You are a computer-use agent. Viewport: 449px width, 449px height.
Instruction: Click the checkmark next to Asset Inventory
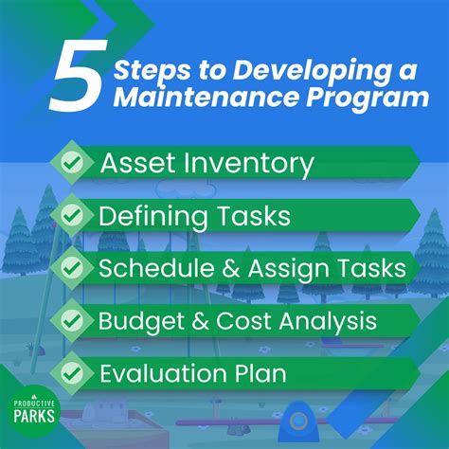tap(71, 164)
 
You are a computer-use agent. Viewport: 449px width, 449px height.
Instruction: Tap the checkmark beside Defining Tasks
tap(71, 217)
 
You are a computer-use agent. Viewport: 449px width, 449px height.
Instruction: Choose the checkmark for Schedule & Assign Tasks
tap(71, 268)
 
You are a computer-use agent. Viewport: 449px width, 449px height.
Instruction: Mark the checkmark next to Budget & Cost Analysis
tap(71, 320)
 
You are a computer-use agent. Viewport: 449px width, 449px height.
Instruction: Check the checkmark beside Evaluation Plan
tap(71, 372)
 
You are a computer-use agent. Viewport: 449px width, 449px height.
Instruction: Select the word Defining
tap(148, 217)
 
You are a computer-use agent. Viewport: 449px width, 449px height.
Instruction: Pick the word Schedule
tap(149, 268)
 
